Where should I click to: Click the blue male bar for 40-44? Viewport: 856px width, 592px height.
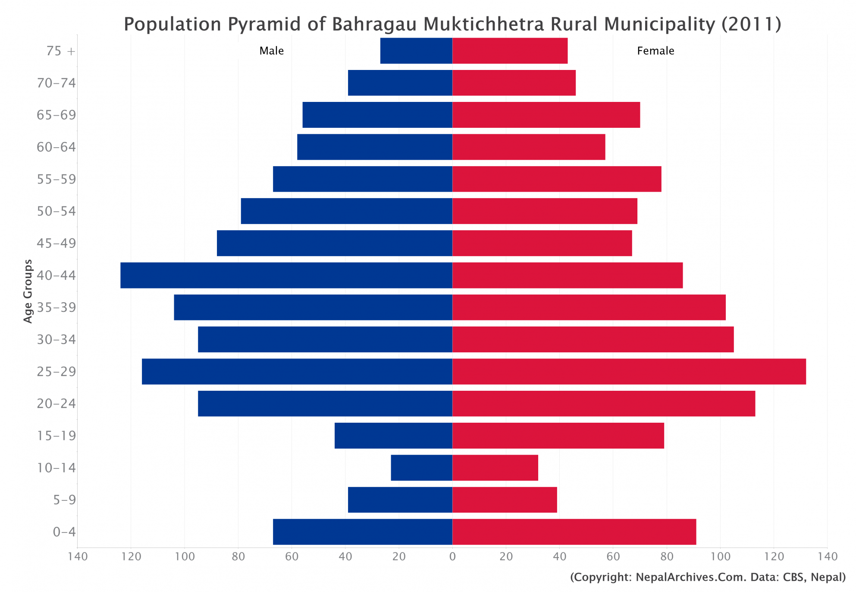coord(286,275)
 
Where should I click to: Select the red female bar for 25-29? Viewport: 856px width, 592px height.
coord(629,371)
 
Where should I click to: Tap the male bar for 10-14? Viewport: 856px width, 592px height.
coord(421,468)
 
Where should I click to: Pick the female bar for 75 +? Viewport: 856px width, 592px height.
coord(510,51)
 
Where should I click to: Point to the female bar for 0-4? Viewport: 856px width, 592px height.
coord(574,532)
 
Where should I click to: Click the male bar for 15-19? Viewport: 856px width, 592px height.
coord(393,435)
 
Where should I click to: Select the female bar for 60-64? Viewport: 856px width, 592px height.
coord(529,147)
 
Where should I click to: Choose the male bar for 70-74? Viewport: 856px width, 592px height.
coord(400,82)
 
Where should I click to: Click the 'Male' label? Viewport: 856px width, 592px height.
coord(271,51)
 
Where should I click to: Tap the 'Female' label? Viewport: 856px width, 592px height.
coord(655,51)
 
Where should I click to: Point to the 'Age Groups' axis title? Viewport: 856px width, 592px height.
coord(28,291)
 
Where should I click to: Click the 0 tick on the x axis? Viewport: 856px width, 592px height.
coord(452,557)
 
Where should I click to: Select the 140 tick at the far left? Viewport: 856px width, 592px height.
coord(78,557)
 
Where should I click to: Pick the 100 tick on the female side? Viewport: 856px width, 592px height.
coord(720,557)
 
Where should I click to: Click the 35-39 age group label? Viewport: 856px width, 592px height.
coord(56,307)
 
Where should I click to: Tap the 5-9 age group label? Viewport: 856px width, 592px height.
coord(64,500)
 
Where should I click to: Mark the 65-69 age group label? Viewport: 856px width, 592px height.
coord(56,115)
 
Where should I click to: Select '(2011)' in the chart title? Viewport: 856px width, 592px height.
coord(751,24)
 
